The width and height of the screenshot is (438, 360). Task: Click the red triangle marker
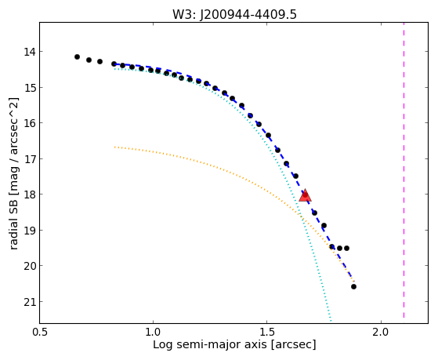pyautogui.click(x=305, y=195)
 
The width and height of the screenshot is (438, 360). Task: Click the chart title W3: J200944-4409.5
pyautogui.click(x=234, y=14)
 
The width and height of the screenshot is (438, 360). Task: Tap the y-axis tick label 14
pyautogui.click(x=30, y=52)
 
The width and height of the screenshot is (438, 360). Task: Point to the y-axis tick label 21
pyautogui.click(x=30, y=302)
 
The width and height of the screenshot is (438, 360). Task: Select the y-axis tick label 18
pyautogui.click(x=30, y=195)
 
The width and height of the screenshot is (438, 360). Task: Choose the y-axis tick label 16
pyautogui.click(x=30, y=123)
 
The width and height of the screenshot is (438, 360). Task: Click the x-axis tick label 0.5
pyautogui.click(x=40, y=333)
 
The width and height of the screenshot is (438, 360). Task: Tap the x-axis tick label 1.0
pyautogui.click(x=153, y=333)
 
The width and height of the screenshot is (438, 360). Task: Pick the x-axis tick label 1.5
pyautogui.click(x=267, y=333)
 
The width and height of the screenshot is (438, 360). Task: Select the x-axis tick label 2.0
pyautogui.click(x=381, y=333)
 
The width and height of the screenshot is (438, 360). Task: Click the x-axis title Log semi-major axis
pyautogui.click(x=210, y=345)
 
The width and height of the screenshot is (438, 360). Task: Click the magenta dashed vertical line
pyautogui.click(x=404, y=170)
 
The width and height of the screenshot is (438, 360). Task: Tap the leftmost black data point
pyautogui.click(x=77, y=56)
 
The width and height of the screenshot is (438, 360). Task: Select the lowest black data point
pyautogui.click(x=353, y=287)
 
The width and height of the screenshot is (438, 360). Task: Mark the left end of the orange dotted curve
pyautogui.click(x=114, y=147)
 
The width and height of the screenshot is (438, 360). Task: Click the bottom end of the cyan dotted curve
pyautogui.click(x=331, y=322)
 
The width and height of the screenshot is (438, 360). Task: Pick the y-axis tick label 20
pyautogui.click(x=30, y=266)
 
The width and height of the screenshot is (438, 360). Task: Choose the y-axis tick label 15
pyautogui.click(x=30, y=88)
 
